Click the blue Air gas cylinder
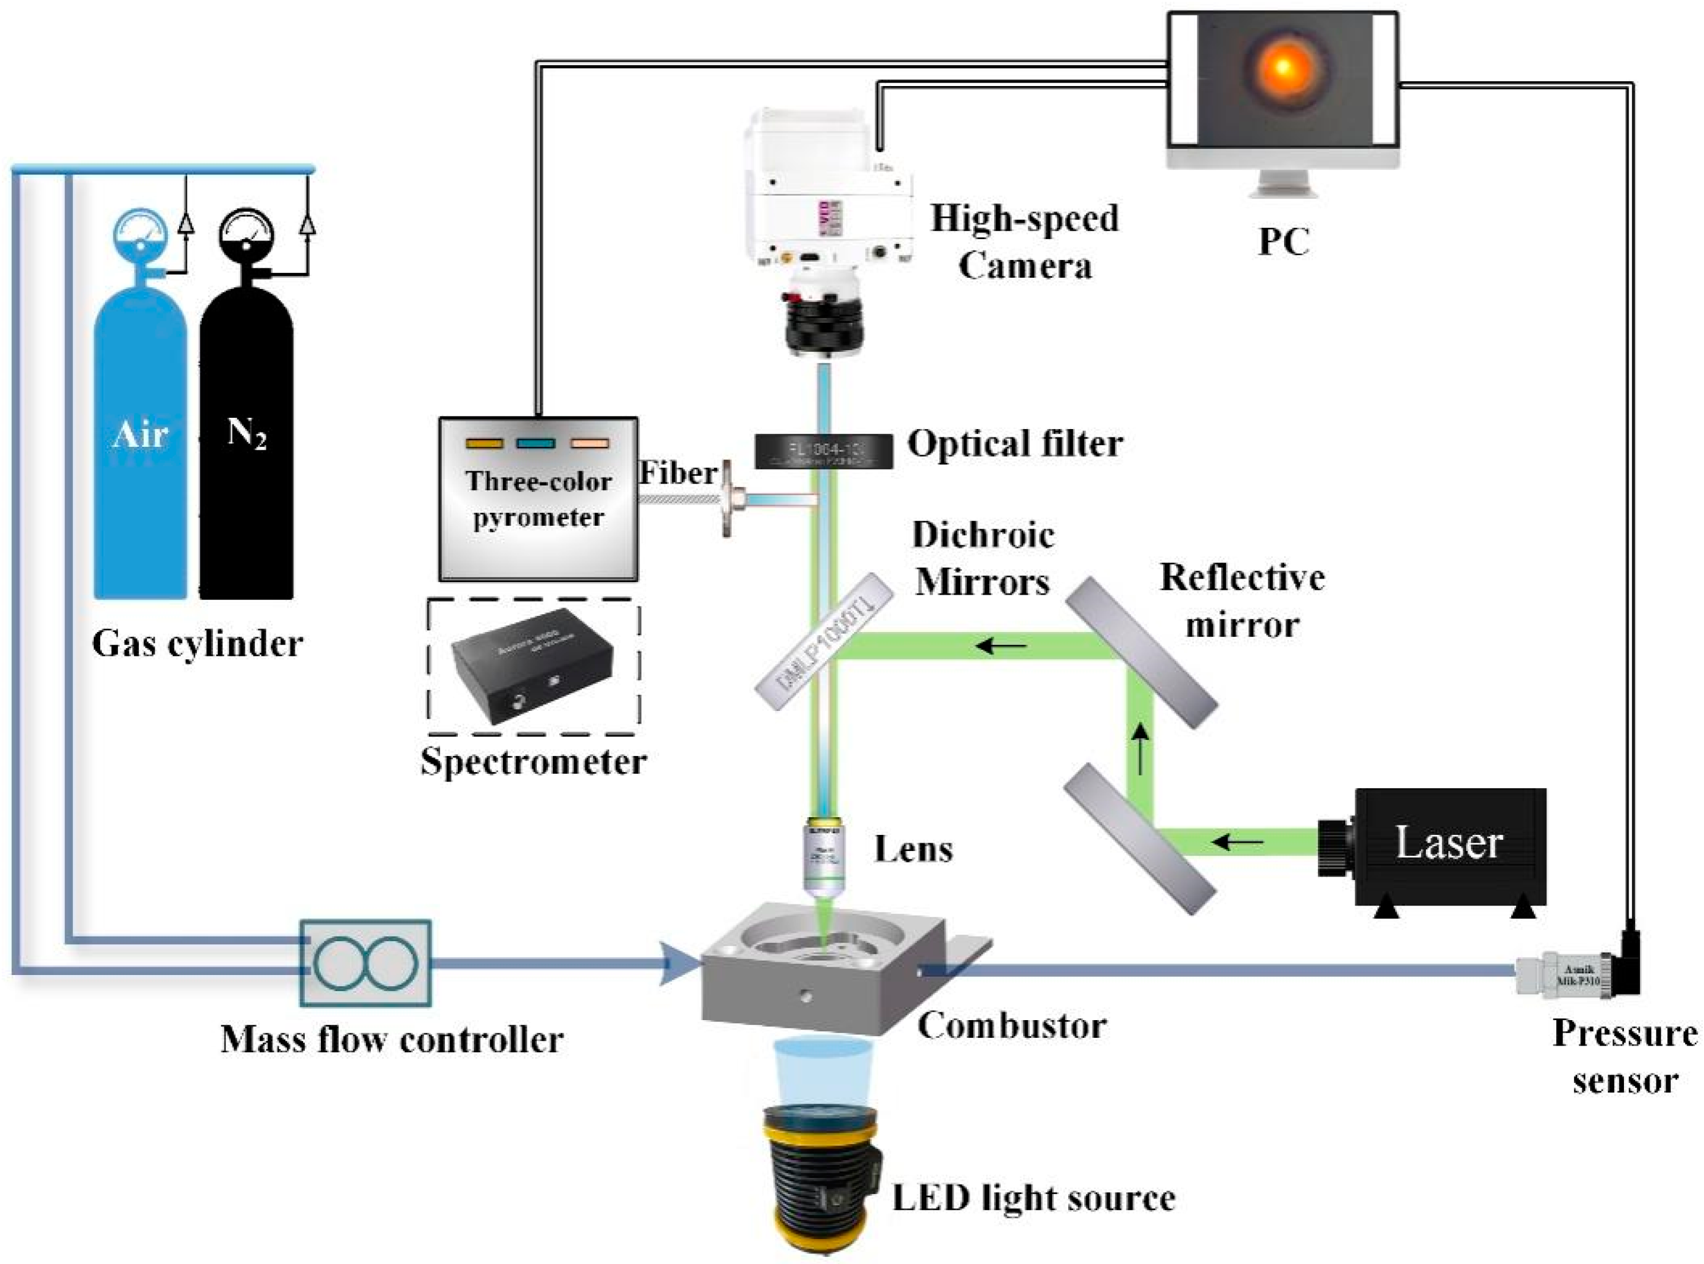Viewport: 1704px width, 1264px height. [x=140, y=444]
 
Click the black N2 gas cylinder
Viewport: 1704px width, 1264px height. [x=246, y=444]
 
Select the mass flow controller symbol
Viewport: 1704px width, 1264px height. [x=365, y=962]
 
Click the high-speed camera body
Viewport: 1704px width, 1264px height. [x=830, y=199]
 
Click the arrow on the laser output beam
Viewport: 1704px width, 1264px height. [x=1238, y=843]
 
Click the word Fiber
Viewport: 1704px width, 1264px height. [x=677, y=472]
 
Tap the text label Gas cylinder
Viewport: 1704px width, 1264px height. [x=198, y=643]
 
